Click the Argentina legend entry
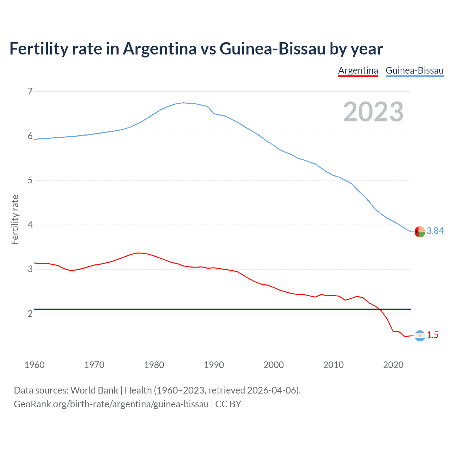358,70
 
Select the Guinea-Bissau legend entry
414,70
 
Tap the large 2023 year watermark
373,112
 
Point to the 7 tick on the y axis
30,92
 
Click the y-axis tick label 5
30,180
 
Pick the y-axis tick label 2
30,314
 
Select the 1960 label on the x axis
34,365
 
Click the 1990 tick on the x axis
214,365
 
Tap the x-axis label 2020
393,365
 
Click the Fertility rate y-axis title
15,219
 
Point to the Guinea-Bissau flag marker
420,231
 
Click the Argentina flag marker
420,336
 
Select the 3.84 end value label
435,231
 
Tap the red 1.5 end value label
432,335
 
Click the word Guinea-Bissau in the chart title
273,49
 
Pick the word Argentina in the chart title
160,49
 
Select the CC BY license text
228,404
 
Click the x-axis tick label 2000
274,365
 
